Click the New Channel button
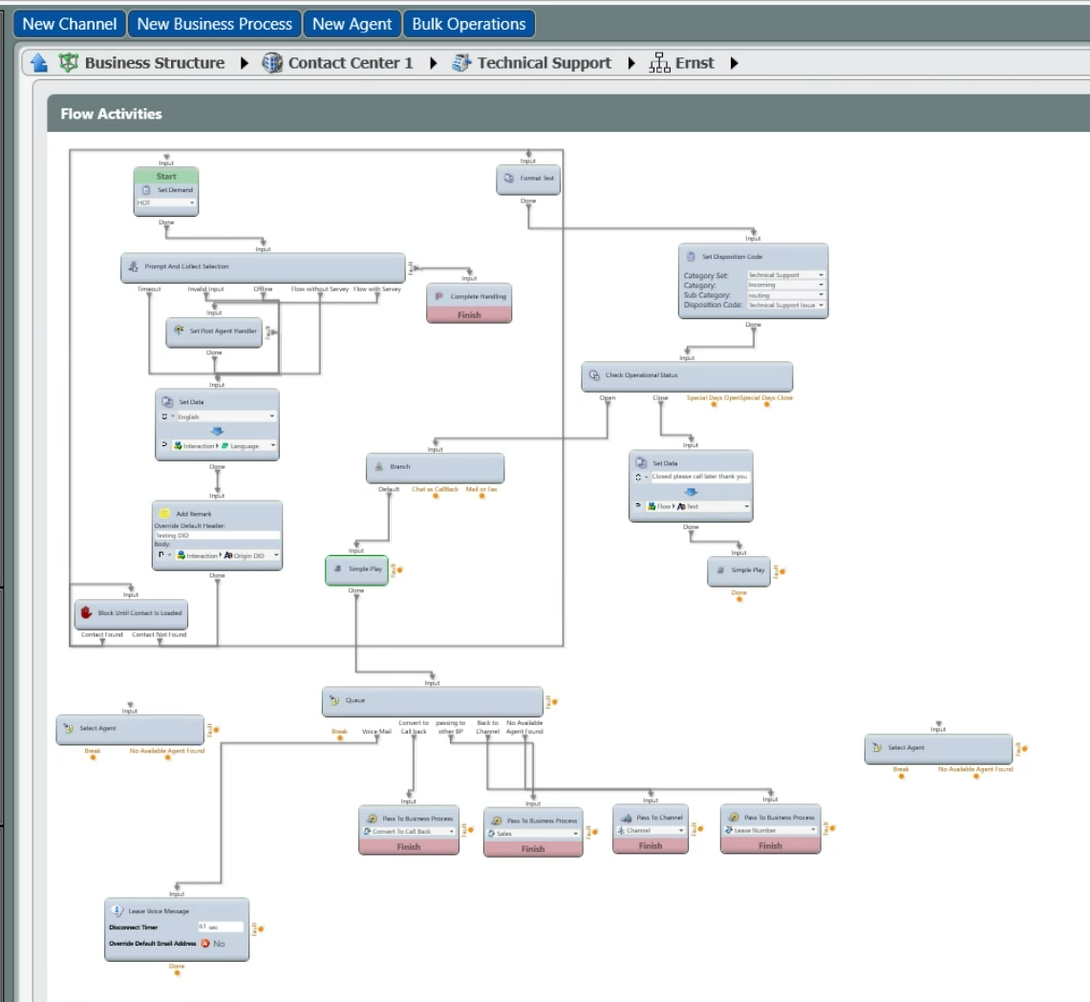point(70,24)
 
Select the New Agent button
point(353,24)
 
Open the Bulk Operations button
point(468,24)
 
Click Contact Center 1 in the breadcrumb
point(350,63)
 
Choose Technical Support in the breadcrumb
point(544,63)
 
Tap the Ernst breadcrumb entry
point(694,63)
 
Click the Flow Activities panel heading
point(111,114)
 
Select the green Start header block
point(166,176)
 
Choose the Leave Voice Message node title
point(159,910)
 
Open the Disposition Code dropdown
point(784,305)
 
